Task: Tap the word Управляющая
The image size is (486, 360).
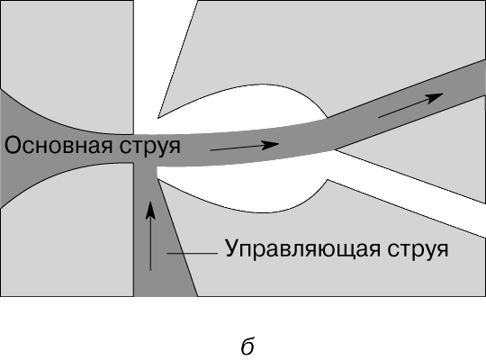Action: (302, 249)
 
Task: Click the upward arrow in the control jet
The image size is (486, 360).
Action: (150, 236)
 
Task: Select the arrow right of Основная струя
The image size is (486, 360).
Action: (245, 146)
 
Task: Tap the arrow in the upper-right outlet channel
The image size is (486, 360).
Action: (411, 105)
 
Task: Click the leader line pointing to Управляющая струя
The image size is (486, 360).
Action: (193, 253)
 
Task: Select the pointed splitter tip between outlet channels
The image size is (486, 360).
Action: (336, 150)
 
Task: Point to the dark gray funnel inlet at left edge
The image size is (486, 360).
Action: (19, 148)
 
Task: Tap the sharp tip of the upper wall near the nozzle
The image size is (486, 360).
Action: (158, 118)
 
